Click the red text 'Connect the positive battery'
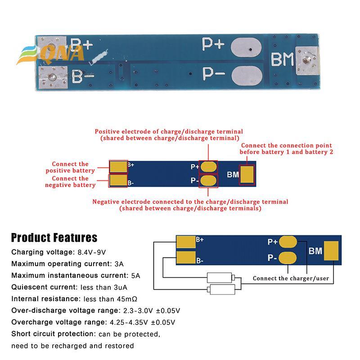click(x=70, y=167)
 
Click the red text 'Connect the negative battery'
click(x=71, y=182)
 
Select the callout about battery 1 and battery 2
click(x=287, y=149)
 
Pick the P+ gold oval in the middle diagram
click(x=209, y=166)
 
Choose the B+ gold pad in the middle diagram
click(x=118, y=166)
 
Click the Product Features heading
click(x=54, y=238)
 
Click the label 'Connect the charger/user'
click(x=291, y=279)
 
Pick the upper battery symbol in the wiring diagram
click(x=220, y=278)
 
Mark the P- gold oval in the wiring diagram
click(x=288, y=258)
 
